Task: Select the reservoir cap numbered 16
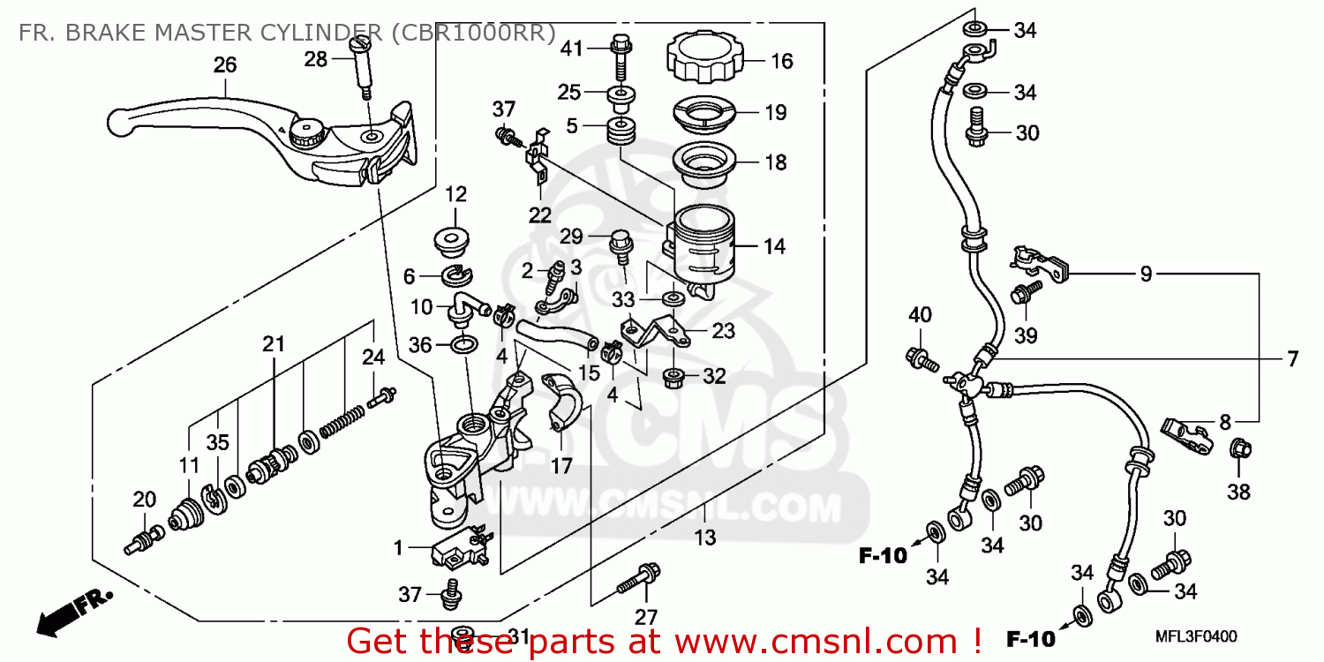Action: [x=703, y=56]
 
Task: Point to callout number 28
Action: [x=315, y=59]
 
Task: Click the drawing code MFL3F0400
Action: [x=1197, y=636]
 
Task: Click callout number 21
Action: [x=274, y=343]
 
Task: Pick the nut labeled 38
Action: [x=1239, y=449]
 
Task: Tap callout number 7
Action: [x=1291, y=359]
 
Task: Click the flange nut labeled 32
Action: [x=675, y=377]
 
